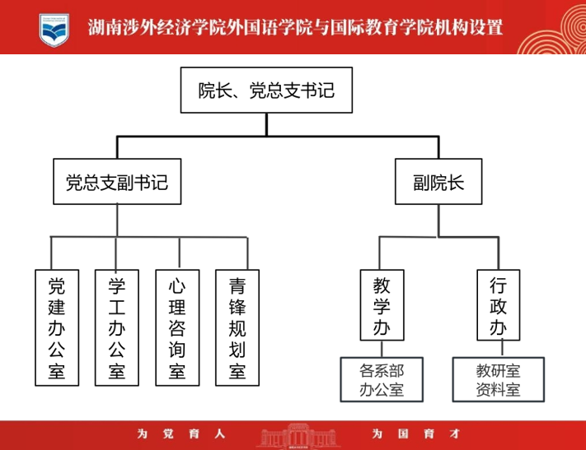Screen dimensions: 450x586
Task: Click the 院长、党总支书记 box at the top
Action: [x=266, y=90]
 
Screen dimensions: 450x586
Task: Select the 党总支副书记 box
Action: [x=116, y=182]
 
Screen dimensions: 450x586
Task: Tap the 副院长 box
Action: [x=438, y=182]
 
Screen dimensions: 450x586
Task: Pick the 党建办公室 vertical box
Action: [x=57, y=327]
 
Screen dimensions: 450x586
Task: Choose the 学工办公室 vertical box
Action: [x=117, y=327]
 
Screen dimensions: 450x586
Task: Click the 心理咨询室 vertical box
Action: [x=177, y=327]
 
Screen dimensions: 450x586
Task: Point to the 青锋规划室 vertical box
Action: [x=237, y=327]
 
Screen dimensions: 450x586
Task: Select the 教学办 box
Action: [x=382, y=305]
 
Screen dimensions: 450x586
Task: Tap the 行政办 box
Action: [x=498, y=305]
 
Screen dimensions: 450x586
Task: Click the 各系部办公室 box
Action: [x=382, y=378]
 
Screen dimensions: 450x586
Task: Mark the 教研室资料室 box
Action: [x=498, y=378]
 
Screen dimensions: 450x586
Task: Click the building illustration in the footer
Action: [x=293, y=436]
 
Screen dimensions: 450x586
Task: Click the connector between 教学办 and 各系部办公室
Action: [x=382, y=349]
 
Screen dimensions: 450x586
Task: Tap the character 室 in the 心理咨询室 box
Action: [x=177, y=371]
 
